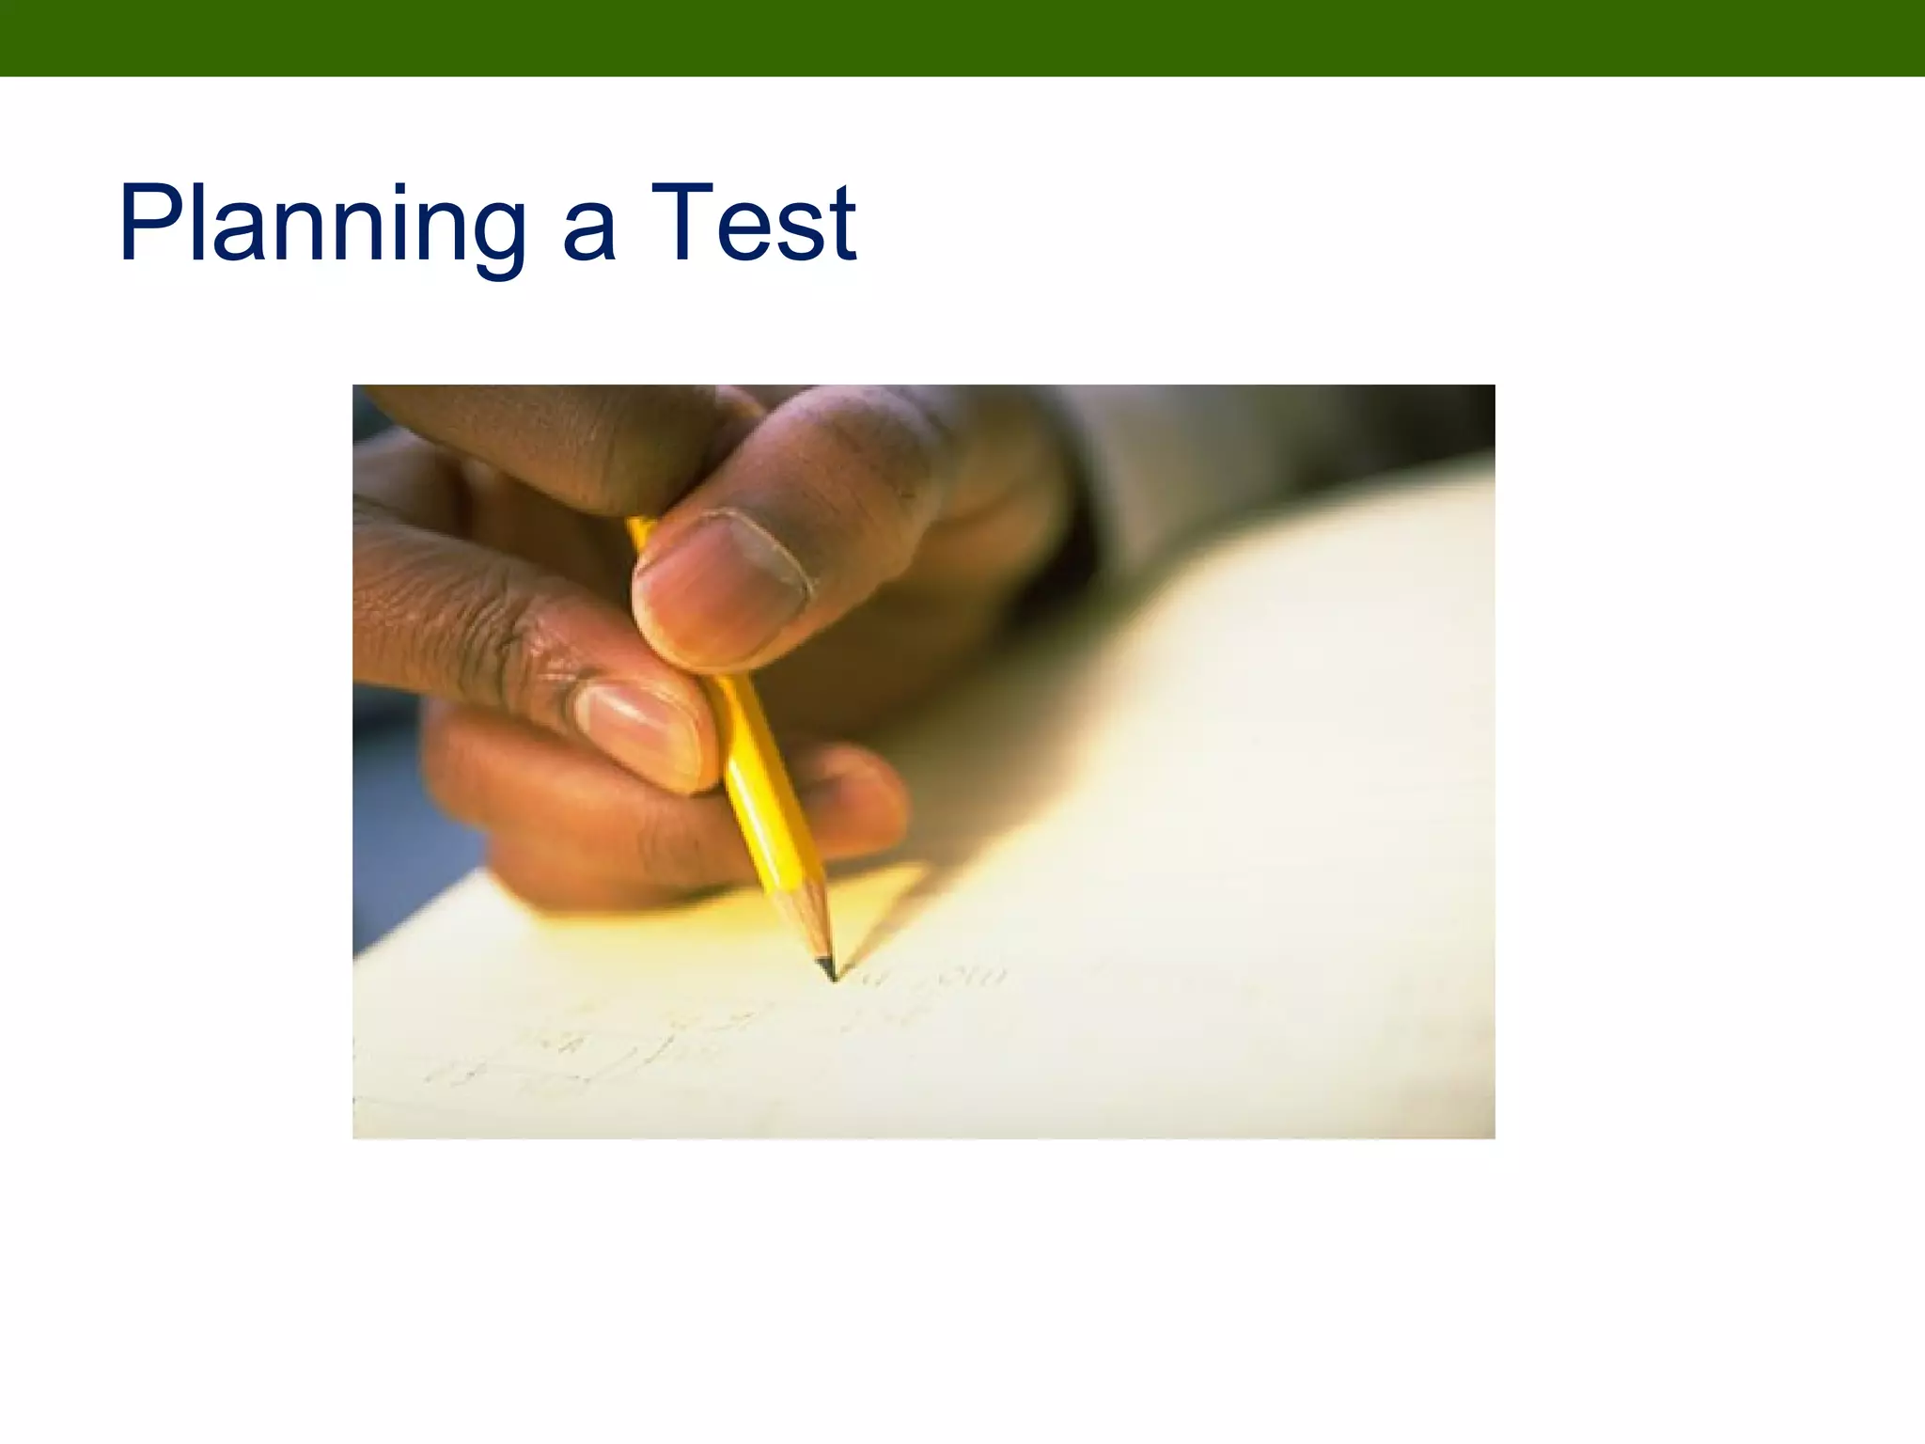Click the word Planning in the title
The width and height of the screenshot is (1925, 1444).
coord(321,226)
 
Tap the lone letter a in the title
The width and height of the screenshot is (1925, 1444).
coord(589,235)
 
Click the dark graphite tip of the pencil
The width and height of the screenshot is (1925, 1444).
coord(828,968)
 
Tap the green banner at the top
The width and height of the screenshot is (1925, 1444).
coord(962,38)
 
